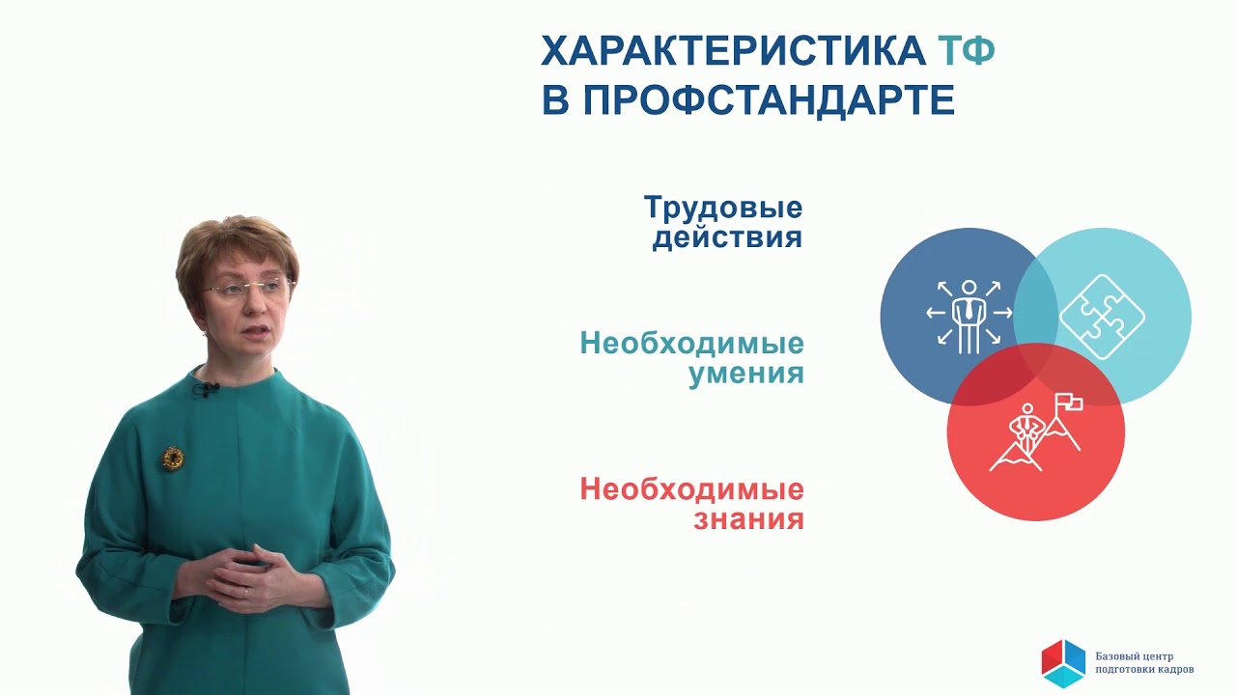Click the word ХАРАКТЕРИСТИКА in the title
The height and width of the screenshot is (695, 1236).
[x=733, y=51]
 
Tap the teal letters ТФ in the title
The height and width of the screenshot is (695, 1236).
[x=966, y=51]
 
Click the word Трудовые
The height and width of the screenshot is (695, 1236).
[x=723, y=208]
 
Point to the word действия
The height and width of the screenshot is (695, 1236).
[x=727, y=237]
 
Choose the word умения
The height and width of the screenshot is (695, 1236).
[x=746, y=374]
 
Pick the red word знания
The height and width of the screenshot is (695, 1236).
[x=748, y=519]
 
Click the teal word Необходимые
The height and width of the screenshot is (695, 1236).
[x=692, y=344]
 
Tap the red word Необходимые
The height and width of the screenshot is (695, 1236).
[x=692, y=489]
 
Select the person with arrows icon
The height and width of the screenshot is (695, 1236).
[x=968, y=314]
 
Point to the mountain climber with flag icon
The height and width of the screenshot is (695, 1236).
[x=1034, y=431]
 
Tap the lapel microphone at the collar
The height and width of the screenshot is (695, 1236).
[x=204, y=389]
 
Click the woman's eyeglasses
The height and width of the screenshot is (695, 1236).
[x=248, y=288]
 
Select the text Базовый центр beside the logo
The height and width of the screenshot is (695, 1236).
[x=1135, y=654]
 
